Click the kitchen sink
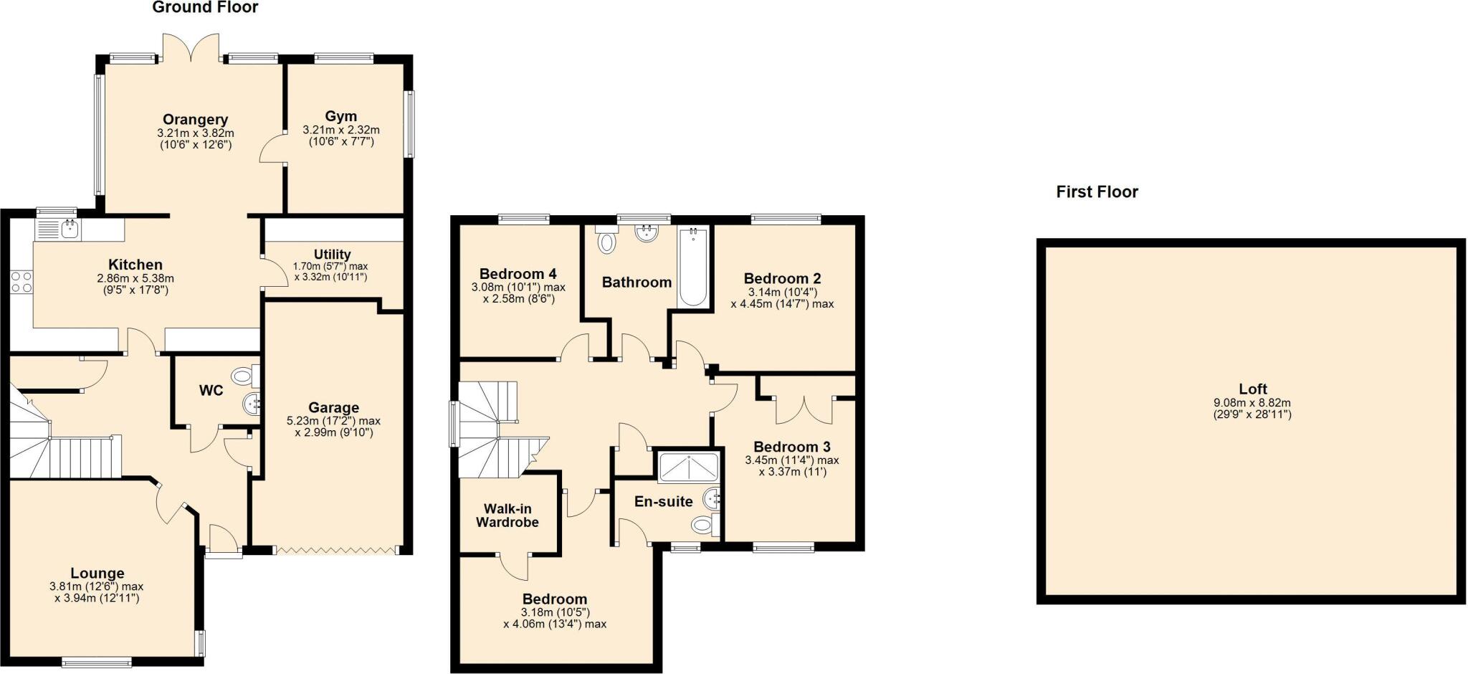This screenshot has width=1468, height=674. coord(70,229)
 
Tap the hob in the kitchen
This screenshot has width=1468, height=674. coord(22,282)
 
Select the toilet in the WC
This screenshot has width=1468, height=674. coord(244,375)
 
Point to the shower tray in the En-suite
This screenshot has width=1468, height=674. coord(687,467)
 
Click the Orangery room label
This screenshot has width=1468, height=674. coord(195,120)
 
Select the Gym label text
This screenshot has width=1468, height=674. coord(340,116)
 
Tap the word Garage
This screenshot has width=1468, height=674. coord(333,408)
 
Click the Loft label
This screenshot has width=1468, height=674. coord(1252,389)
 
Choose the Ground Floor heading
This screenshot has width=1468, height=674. coord(205,8)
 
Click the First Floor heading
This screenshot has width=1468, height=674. coord(1097,192)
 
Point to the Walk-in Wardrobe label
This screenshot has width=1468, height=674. coord(507,516)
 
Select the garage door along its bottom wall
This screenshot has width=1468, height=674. coord(335,550)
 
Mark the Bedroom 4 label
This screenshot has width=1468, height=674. coord(518,274)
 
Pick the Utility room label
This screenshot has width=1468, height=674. coord(332,255)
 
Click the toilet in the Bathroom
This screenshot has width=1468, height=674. coord(607,242)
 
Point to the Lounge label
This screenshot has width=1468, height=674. coord(97,574)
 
